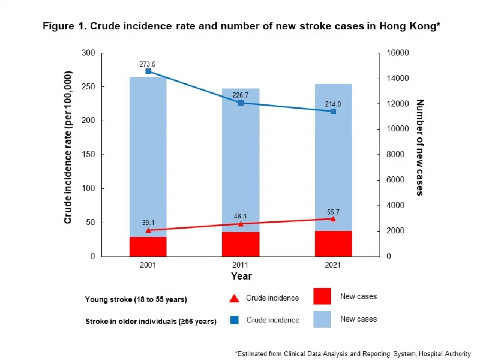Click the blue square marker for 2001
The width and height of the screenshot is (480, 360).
pyautogui.click(x=148, y=71)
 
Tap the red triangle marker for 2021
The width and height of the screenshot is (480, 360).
pyautogui.click(x=333, y=219)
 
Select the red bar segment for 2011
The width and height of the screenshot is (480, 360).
pyautogui.click(x=241, y=244)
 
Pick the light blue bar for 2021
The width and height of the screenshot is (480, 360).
pyautogui.click(x=333, y=156)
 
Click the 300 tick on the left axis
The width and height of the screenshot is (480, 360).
pyautogui.click(x=88, y=53)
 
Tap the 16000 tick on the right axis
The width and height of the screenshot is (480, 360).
pyautogui.click(x=395, y=53)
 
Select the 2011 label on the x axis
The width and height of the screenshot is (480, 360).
pyautogui.click(x=241, y=265)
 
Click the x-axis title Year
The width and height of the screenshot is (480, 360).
pyautogui.click(x=241, y=277)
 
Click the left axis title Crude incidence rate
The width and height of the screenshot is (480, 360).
pyautogui.click(x=68, y=148)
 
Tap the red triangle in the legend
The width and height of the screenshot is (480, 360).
pyautogui.click(x=235, y=298)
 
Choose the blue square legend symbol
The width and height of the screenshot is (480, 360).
pyautogui.click(x=235, y=320)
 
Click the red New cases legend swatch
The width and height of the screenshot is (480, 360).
pyautogui.click(x=322, y=296)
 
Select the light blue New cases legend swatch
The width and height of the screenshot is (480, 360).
pyautogui.click(x=322, y=319)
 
